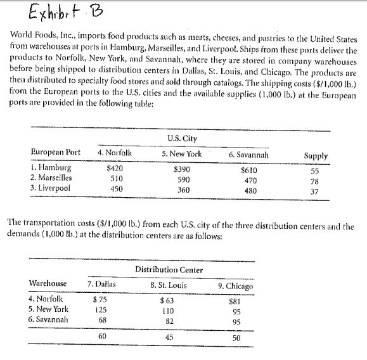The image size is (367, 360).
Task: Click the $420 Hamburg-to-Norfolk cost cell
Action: pos(114,169)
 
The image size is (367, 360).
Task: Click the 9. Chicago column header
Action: pos(235,286)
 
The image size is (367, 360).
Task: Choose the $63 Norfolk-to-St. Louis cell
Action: pos(167,299)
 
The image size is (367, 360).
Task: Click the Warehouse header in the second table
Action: pos(48,283)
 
